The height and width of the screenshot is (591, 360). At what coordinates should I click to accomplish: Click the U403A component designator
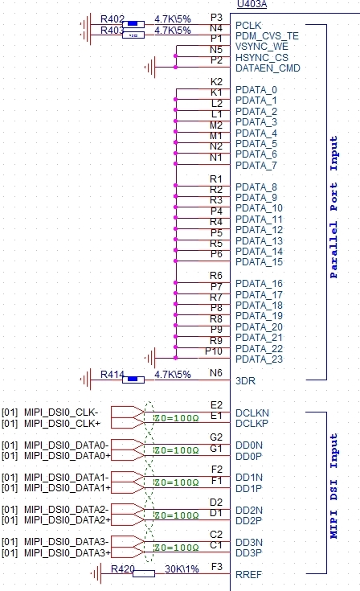point(252,4)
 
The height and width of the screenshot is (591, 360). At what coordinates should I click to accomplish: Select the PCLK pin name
point(248,26)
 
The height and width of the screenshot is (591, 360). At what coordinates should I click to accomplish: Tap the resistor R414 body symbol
point(133,380)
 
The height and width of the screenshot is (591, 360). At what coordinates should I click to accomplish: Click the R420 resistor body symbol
point(144,573)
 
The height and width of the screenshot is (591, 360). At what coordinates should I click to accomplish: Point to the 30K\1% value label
point(182,568)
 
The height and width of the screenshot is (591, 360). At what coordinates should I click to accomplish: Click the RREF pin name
point(248,575)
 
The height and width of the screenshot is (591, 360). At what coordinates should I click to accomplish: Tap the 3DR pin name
point(245,380)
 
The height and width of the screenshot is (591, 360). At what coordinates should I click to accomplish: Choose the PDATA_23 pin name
point(259,359)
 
